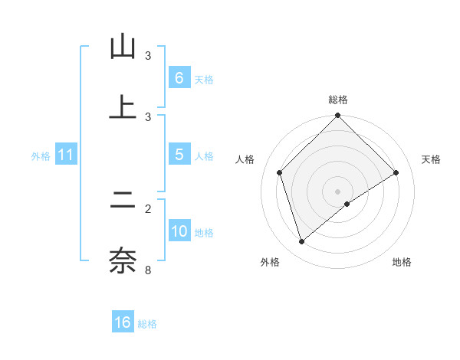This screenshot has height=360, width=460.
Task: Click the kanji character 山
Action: (123, 47)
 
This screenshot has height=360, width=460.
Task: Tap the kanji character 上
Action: (123, 107)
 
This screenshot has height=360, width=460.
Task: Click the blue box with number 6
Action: (179, 78)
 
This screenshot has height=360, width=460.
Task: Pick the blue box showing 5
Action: (179, 155)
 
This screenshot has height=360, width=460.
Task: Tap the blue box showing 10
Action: (179, 231)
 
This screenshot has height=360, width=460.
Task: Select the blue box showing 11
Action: (65, 155)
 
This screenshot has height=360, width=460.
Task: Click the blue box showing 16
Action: (123, 322)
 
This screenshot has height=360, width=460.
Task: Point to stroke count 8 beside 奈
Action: (148, 270)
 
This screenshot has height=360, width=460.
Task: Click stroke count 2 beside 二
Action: (148, 208)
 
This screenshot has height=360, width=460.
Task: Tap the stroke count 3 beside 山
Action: (148, 56)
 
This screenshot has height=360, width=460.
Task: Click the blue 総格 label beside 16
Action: (147, 324)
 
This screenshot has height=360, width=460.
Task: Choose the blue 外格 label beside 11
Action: (41, 155)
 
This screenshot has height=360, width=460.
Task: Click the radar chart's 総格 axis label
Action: (338, 100)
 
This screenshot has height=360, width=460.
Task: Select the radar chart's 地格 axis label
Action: (402, 262)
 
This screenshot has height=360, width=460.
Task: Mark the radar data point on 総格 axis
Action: (338, 116)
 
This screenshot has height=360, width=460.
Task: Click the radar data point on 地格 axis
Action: (347, 204)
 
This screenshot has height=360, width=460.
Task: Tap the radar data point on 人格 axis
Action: (280, 172)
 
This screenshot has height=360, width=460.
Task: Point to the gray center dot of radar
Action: (338, 191)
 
